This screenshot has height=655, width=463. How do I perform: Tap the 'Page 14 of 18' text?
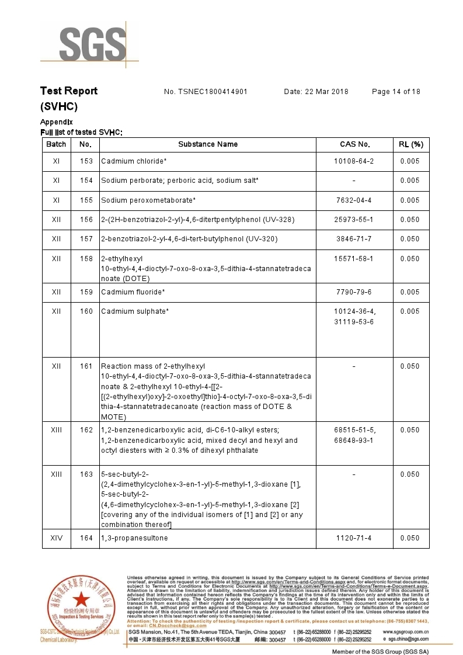(396, 92)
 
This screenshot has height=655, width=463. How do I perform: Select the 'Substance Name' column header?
(208, 144)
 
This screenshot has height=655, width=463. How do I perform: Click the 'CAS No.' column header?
(355, 144)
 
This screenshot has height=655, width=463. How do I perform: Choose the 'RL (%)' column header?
(410, 144)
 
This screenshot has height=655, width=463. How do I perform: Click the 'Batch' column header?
(56, 144)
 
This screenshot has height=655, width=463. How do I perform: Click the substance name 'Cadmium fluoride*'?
(133, 292)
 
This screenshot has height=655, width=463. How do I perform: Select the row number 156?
(86, 220)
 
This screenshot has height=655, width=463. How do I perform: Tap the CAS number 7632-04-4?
(354, 200)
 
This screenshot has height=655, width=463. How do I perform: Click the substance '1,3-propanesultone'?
(134, 538)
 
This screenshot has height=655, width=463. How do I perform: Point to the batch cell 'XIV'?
(56, 538)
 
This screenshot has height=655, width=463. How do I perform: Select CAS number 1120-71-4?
(354, 538)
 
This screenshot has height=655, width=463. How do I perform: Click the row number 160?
(86, 311)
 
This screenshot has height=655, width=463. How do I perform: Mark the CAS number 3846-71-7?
(354, 239)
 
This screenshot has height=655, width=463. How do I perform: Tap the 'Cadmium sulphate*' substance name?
(134, 311)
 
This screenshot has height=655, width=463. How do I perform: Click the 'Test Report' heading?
(69, 91)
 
